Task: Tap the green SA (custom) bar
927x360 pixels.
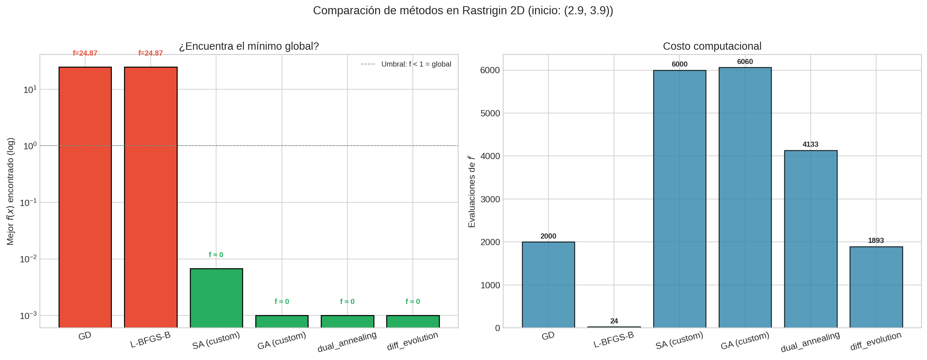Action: [216, 298]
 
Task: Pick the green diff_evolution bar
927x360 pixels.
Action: [413, 321]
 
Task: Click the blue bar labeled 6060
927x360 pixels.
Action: [745, 198]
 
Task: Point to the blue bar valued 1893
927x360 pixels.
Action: [876, 287]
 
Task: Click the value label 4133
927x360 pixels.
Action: [810, 145]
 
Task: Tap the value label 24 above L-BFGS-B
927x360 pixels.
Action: [614, 321]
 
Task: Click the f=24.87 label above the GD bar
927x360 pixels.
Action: [85, 53]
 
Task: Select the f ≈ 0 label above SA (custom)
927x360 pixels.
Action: [216, 255]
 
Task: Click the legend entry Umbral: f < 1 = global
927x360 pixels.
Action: [416, 64]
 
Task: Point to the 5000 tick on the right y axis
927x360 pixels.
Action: [490, 113]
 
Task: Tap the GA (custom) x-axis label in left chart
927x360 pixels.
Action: [282, 341]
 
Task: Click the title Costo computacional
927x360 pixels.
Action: [712, 46]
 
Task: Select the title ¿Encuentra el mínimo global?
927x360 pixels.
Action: [249, 46]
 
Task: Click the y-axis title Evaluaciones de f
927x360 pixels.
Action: [472, 191]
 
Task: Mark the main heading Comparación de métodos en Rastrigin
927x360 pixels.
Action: [463, 11]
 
